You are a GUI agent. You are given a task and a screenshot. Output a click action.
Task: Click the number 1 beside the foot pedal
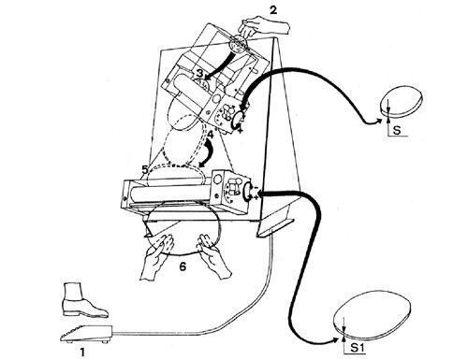click(x=82, y=353)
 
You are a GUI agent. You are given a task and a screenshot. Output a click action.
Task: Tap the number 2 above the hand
click(x=273, y=10)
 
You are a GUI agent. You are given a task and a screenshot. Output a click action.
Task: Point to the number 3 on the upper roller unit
click(x=199, y=74)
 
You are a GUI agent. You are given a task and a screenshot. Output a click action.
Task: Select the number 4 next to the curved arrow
click(x=211, y=135)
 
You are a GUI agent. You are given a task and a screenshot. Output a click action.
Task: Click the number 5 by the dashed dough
click(x=144, y=169)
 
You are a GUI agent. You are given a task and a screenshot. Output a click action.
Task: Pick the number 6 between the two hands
click(x=183, y=266)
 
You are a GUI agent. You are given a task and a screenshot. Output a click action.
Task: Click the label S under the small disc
click(x=397, y=130)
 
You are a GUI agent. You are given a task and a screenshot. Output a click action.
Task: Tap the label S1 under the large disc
click(x=357, y=348)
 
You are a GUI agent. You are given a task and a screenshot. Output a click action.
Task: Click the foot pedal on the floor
click(x=86, y=334)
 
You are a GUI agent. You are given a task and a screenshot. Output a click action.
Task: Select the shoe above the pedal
click(x=84, y=300)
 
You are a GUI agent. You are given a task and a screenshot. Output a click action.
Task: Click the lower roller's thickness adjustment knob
click(x=248, y=191)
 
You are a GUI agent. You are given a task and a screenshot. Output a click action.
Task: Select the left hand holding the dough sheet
click(x=156, y=256)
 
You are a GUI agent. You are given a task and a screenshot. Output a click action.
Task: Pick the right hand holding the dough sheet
click(x=212, y=255)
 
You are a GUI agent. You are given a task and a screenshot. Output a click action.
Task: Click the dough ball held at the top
click(x=237, y=44)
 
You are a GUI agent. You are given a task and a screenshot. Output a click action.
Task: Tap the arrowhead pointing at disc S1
click(x=335, y=340)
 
